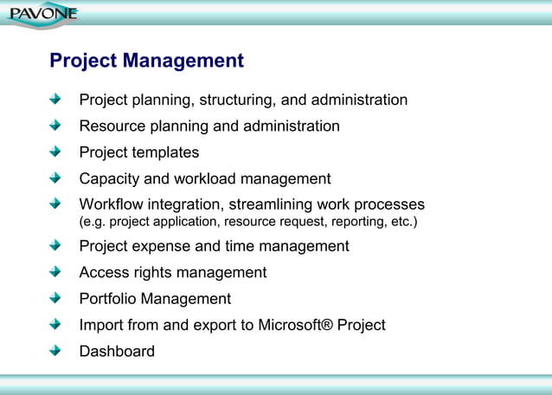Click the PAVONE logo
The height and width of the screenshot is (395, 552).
(42, 14)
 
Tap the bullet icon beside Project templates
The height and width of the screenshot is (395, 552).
(56, 152)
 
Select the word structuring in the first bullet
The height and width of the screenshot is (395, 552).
(240, 100)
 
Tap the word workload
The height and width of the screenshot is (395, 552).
(202, 179)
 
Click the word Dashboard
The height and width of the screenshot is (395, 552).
(117, 352)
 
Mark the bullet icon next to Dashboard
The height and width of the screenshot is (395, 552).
(56, 351)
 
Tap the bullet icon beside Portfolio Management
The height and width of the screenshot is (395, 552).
(56, 298)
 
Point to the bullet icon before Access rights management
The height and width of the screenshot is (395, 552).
(56, 272)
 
